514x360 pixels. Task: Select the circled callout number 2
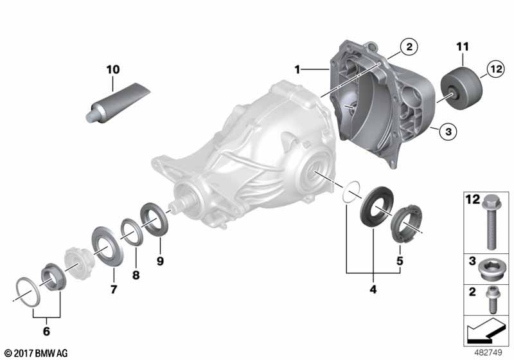[407, 46]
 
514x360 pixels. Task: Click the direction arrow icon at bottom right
[482, 333]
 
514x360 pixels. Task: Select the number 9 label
[161, 261]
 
